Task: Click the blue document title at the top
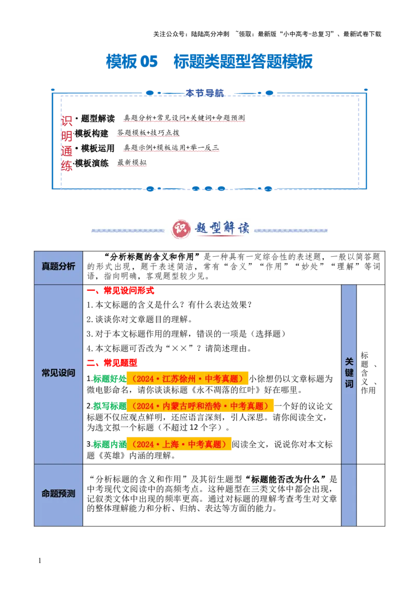click(x=209, y=62)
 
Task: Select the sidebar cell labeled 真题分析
click(x=59, y=266)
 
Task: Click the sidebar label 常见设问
click(x=59, y=374)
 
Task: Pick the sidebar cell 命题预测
click(x=59, y=493)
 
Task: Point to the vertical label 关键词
click(x=349, y=373)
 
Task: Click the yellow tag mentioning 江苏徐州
click(x=188, y=379)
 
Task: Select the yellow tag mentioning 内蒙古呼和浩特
click(x=201, y=406)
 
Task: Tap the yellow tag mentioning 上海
click(x=180, y=444)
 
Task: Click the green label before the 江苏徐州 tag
click(x=109, y=379)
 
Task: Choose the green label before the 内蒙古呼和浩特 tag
click(x=109, y=406)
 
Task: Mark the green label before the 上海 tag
click(x=109, y=444)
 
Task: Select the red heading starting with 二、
click(x=113, y=362)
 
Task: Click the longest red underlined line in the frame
click(x=184, y=122)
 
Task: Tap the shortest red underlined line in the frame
click(x=131, y=166)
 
